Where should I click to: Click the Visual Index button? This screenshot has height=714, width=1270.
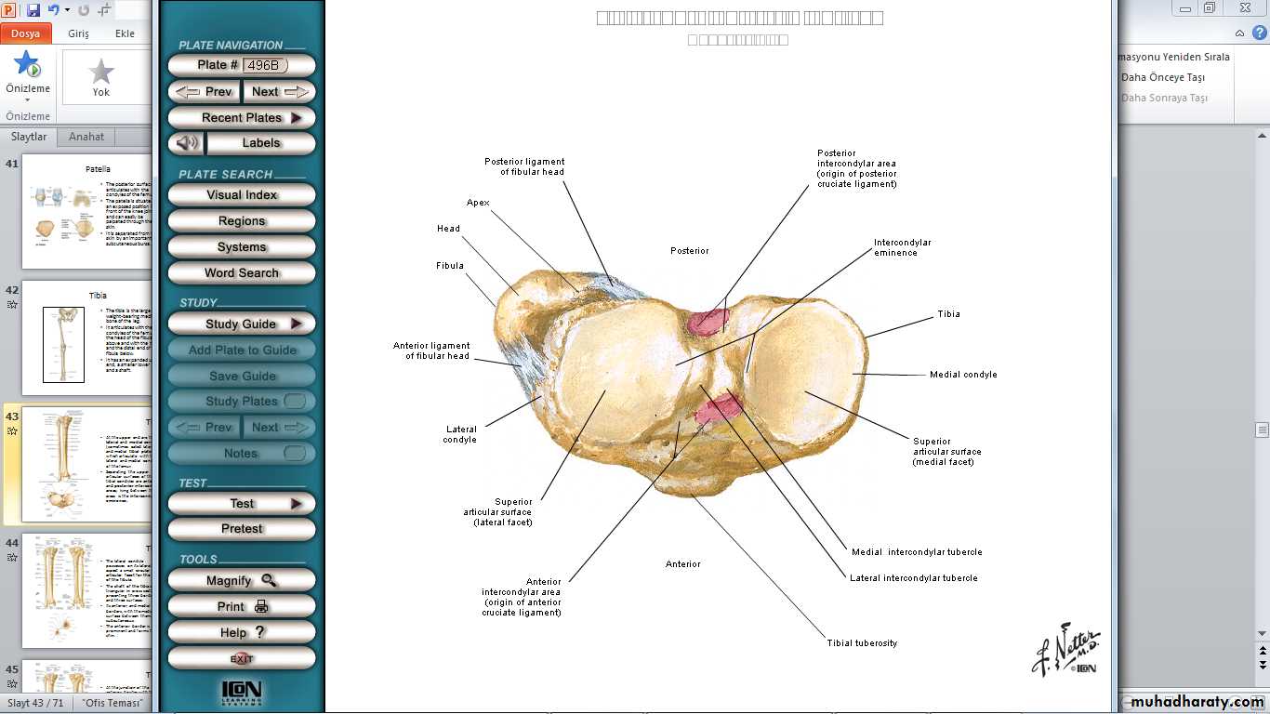(x=242, y=195)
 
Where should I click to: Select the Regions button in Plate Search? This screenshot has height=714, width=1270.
(x=242, y=221)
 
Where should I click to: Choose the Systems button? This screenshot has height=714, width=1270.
(x=242, y=247)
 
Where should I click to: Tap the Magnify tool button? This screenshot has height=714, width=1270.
(x=242, y=580)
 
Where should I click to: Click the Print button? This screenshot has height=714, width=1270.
(x=242, y=606)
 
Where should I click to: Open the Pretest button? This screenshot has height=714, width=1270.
(x=242, y=529)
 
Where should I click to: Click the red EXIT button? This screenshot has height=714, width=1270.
(x=242, y=658)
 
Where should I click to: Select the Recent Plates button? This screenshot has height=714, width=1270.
(x=242, y=118)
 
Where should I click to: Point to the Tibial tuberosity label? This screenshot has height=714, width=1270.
(x=862, y=643)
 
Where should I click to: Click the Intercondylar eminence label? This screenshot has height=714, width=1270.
(x=902, y=247)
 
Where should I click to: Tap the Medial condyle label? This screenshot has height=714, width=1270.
(x=963, y=375)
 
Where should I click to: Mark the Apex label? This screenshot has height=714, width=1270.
(x=478, y=203)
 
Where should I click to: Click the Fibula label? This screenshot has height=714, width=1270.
(x=450, y=266)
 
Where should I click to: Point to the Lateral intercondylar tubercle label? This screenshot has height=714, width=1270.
(x=913, y=578)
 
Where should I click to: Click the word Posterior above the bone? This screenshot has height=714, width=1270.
(x=690, y=251)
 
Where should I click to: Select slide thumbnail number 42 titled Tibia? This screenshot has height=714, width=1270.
(x=87, y=332)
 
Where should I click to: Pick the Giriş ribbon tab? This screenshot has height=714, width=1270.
(x=78, y=33)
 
